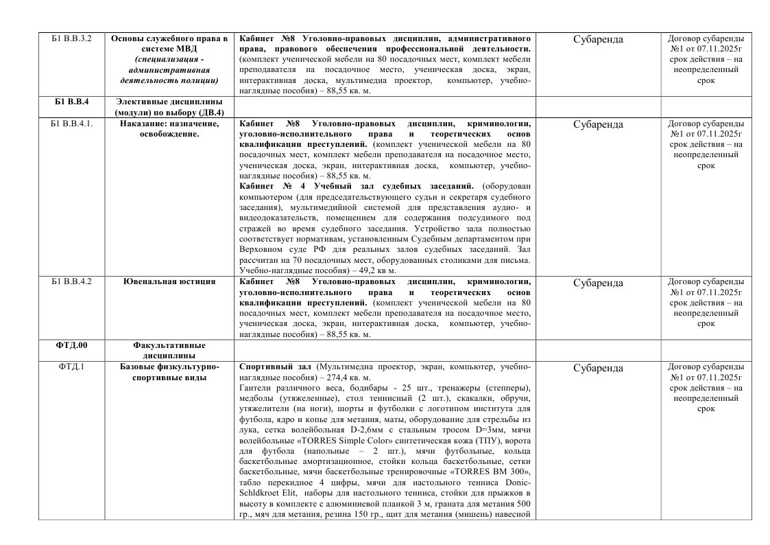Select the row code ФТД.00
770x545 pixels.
72,346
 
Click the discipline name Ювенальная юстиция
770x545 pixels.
169,282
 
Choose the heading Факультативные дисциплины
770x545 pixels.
169,351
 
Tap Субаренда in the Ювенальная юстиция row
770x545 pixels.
597,283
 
